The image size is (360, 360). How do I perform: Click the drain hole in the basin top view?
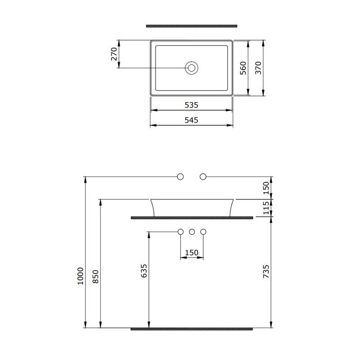coord(192,68)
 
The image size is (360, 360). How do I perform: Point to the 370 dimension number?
coord(258,68)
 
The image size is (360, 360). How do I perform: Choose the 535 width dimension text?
coord(191,105)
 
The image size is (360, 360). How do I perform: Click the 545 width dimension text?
coord(191,120)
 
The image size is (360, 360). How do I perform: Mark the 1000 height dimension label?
coord(80,274)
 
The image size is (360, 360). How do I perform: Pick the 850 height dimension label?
coord(95,275)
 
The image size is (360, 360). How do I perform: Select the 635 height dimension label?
coord(144,271)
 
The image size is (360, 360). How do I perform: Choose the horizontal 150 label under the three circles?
coord(192,253)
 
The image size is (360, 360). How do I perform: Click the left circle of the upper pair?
coord(180,176)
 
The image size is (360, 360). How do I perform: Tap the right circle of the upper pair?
coord(202,176)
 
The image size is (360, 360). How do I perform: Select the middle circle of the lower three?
coord(192,232)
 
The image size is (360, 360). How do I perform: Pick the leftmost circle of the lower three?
coord(180,232)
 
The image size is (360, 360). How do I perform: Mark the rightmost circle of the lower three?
coord(202,232)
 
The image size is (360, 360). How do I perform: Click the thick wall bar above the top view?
coord(191,26)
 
